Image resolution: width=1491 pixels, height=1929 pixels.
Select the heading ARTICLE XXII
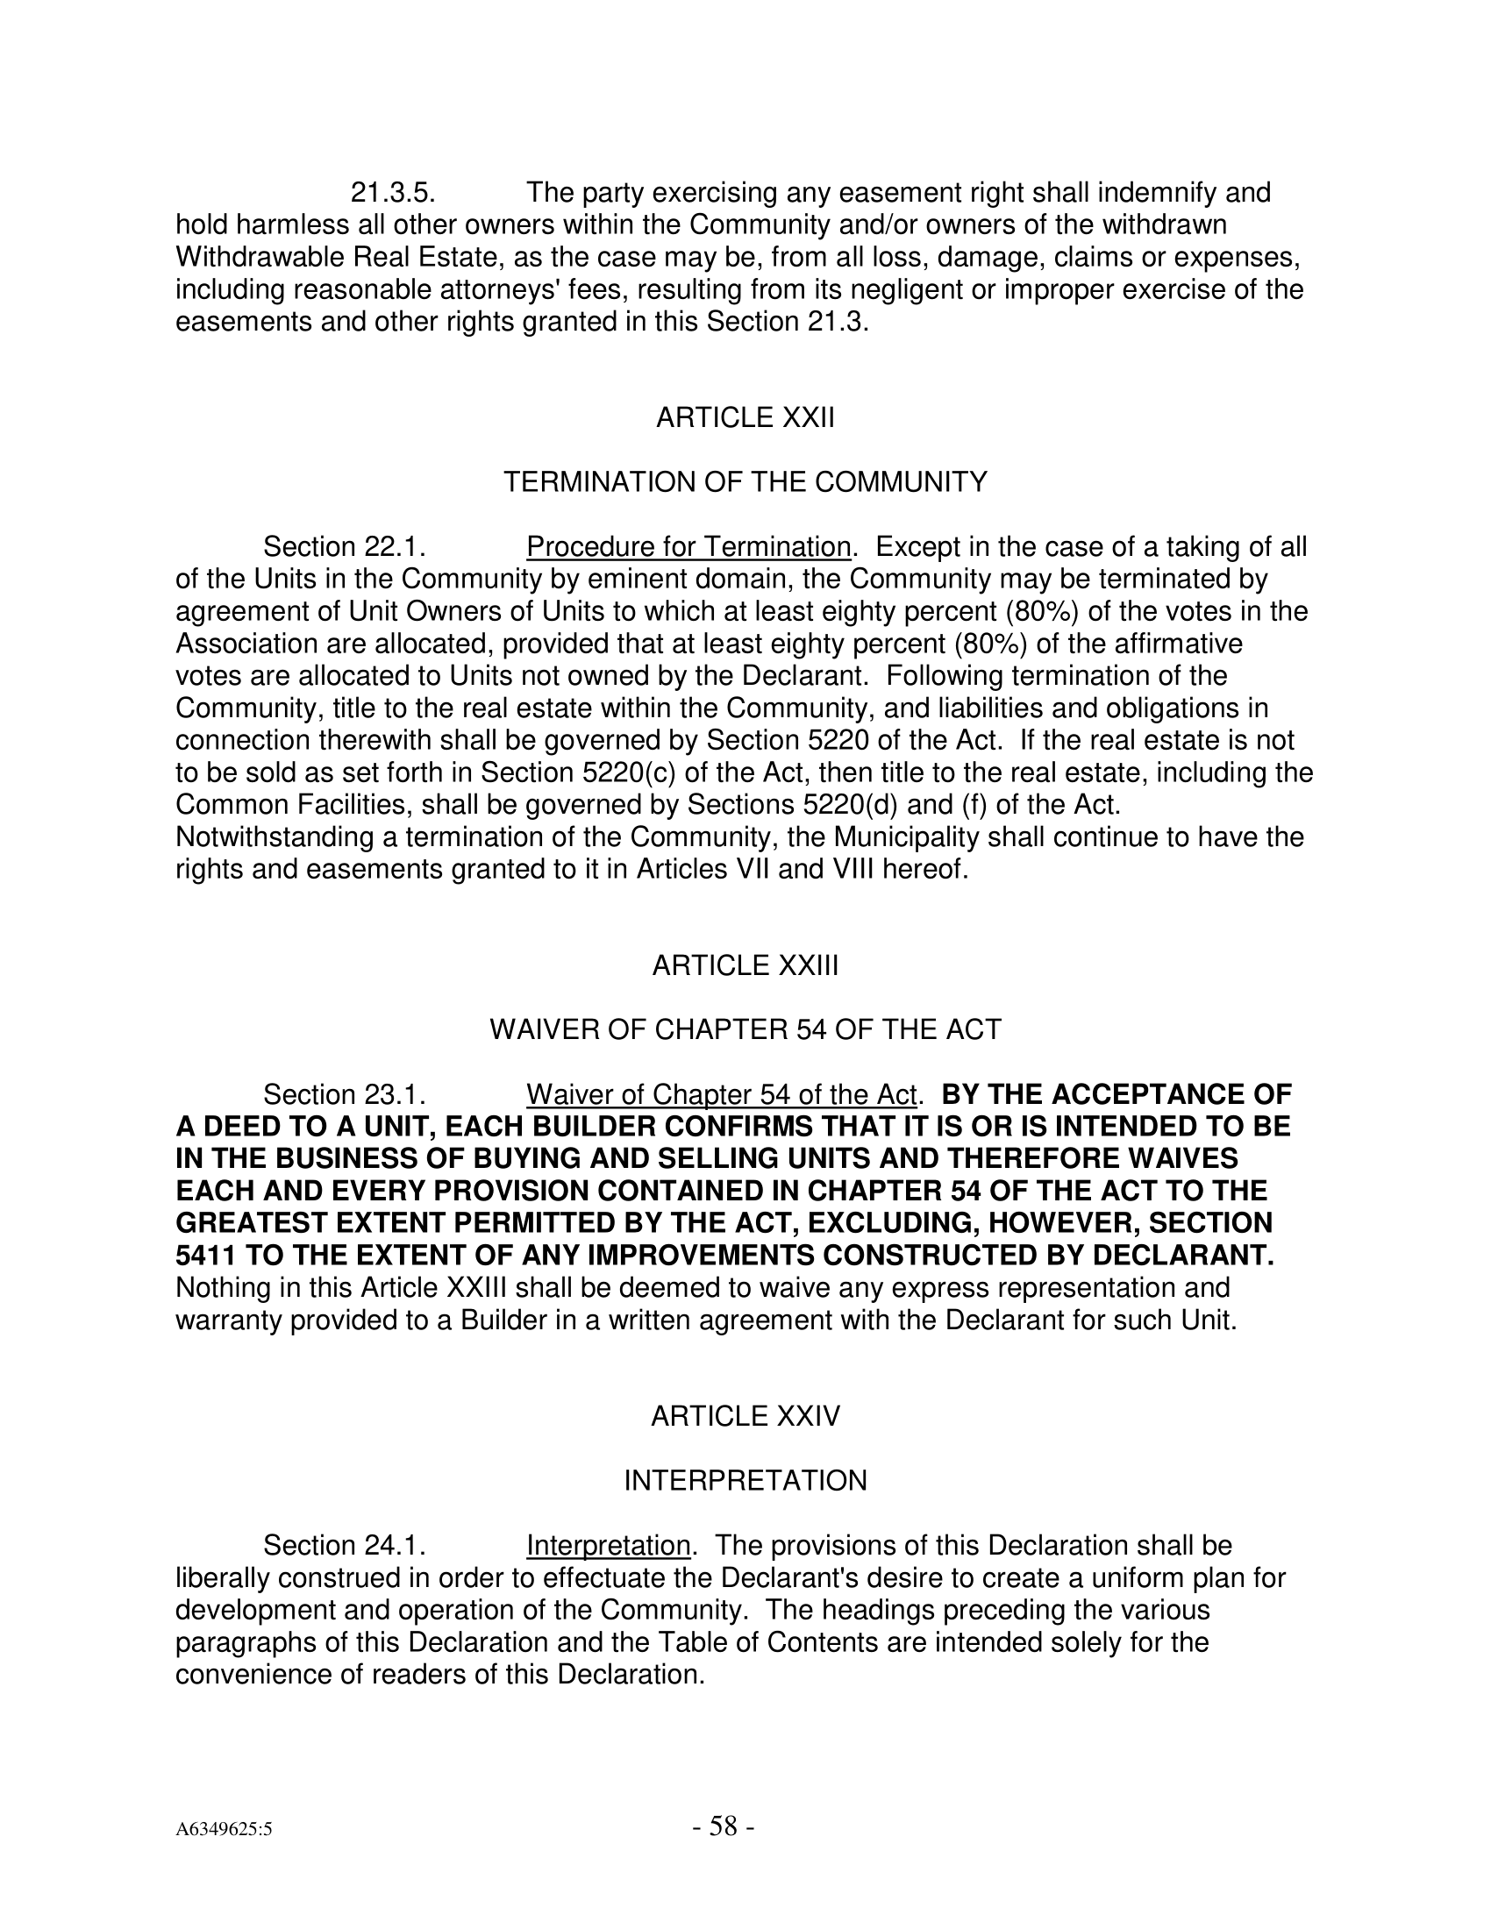[745, 417]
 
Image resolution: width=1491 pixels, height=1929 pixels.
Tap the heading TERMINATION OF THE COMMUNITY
[745, 482]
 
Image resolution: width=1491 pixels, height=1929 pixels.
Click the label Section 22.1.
[346, 548]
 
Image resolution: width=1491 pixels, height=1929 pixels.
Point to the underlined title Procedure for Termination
[688, 548]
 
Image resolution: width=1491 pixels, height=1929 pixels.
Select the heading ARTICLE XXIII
[745, 966]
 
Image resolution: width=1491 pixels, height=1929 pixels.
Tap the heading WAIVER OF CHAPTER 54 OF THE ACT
[745, 1030]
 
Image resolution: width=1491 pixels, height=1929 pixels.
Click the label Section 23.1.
[346, 1095]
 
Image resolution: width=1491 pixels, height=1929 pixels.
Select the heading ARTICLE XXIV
[745, 1417]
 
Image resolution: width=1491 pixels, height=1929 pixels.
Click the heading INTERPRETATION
[745, 1481]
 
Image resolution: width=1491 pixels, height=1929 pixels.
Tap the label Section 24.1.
[346, 1546]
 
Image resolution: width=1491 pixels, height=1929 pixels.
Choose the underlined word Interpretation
[608, 1546]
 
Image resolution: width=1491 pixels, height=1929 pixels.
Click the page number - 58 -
[723, 1826]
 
